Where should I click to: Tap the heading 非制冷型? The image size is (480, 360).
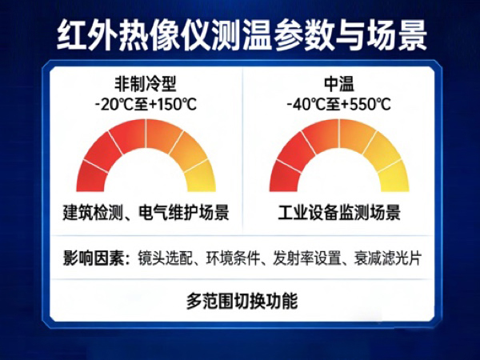146,82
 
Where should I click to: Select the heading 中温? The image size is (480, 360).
339,82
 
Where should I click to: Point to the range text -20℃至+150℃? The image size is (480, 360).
146,102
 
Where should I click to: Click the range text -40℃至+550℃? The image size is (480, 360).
339,102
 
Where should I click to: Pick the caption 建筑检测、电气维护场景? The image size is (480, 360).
146,214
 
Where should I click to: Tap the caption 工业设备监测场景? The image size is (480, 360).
339,214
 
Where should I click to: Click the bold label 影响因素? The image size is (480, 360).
94,258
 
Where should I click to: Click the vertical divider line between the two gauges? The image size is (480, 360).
242,152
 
